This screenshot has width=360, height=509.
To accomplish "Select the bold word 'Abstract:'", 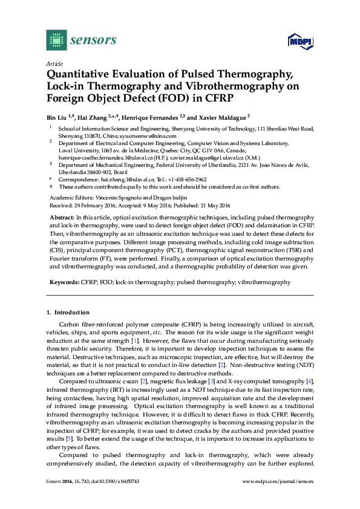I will click(x=62, y=216).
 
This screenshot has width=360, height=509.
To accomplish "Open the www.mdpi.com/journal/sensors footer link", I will click(x=278, y=481).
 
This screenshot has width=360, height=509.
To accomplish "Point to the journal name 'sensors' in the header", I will click(x=94, y=40).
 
